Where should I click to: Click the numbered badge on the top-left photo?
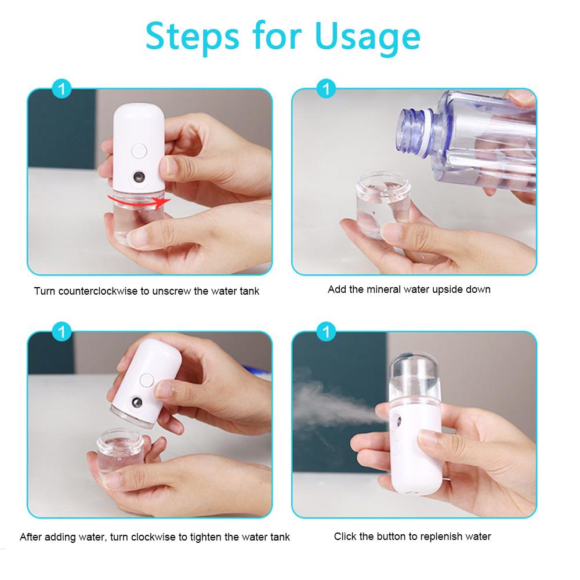click(62, 89)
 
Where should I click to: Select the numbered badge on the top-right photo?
click(327, 89)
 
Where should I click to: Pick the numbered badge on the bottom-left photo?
click(62, 332)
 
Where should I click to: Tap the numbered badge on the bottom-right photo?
click(327, 332)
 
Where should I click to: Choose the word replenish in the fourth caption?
click(436, 536)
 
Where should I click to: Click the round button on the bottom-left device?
click(146, 380)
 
